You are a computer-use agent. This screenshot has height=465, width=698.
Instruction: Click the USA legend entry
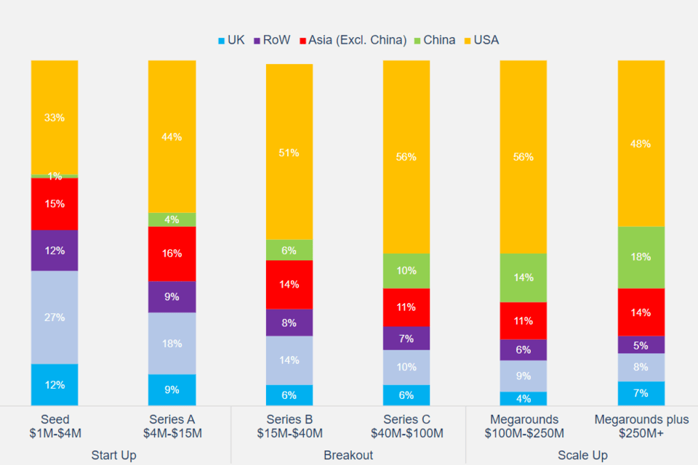[x=481, y=40]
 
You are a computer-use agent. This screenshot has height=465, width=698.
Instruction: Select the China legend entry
[x=434, y=40]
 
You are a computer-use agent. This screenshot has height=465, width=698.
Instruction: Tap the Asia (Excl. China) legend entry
[x=352, y=40]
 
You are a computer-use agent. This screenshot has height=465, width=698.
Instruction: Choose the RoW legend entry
[x=271, y=40]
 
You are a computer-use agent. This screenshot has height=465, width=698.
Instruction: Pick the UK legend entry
[x=230, y=40]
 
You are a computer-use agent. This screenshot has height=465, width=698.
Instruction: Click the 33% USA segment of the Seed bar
[x=55, y=117]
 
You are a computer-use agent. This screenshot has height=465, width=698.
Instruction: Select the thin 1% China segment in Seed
[x=55, y=176]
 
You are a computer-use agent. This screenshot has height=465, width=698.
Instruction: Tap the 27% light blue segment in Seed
[x=55, y=317]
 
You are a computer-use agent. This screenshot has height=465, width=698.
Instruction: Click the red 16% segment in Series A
[x=172, y=254]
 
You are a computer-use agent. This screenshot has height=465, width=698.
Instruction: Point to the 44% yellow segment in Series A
[x=172, y=137]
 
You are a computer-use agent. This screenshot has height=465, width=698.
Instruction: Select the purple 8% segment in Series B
[x=289, y=323]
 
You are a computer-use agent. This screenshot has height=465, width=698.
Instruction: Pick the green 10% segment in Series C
[x=406, y=271]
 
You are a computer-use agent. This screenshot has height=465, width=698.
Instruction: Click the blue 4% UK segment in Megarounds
[x=523, y=398]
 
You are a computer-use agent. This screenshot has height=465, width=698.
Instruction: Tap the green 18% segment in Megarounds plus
[x=641, y=257]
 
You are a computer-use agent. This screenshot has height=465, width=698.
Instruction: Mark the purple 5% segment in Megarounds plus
[x=641, y=344]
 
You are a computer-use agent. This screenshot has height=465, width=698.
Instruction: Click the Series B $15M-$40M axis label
[x=289, y=426]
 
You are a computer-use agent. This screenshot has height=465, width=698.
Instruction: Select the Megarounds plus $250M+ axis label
[x=641, y=426]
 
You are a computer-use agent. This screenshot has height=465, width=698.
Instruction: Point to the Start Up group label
[x=113, y=456]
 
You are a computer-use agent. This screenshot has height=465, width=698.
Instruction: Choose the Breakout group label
[x=348, y=456]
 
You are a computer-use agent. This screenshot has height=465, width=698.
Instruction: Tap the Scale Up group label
[x=582, y=456]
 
